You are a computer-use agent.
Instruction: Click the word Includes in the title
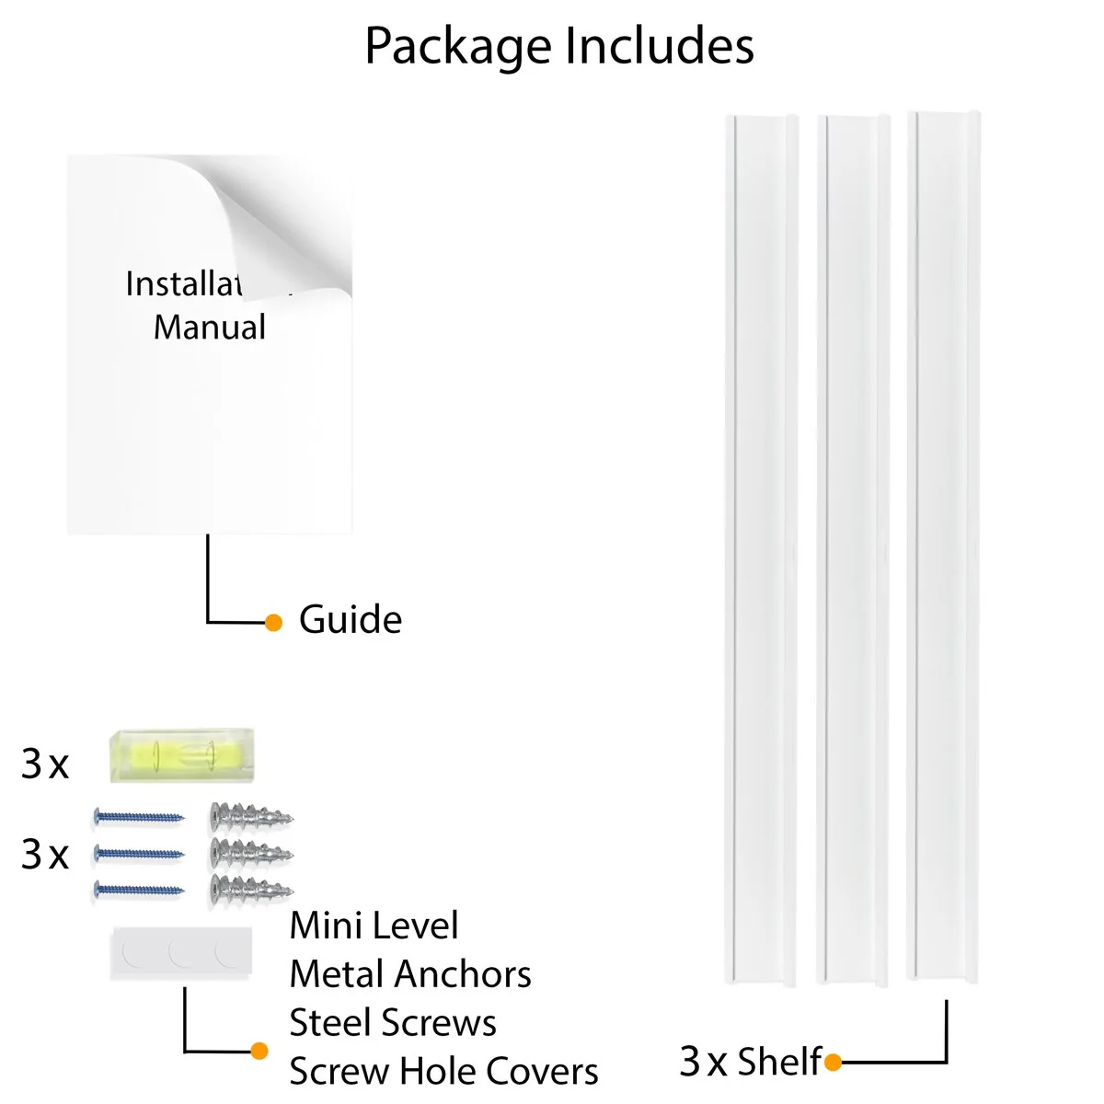659,45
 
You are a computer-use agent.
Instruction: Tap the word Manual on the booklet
210,328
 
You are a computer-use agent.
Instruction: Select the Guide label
351,620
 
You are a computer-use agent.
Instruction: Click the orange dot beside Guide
273,623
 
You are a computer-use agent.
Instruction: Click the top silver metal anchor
251,815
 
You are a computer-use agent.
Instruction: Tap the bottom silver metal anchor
251,889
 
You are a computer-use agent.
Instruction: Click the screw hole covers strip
181,952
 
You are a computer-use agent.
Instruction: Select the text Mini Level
374,926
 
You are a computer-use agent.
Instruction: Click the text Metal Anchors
410,974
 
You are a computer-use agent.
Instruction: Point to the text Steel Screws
393,1023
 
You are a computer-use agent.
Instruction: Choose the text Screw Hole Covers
443,1072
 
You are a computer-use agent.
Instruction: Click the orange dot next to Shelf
834,1064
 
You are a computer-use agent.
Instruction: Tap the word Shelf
778,1062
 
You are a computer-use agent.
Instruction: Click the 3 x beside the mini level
45,765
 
